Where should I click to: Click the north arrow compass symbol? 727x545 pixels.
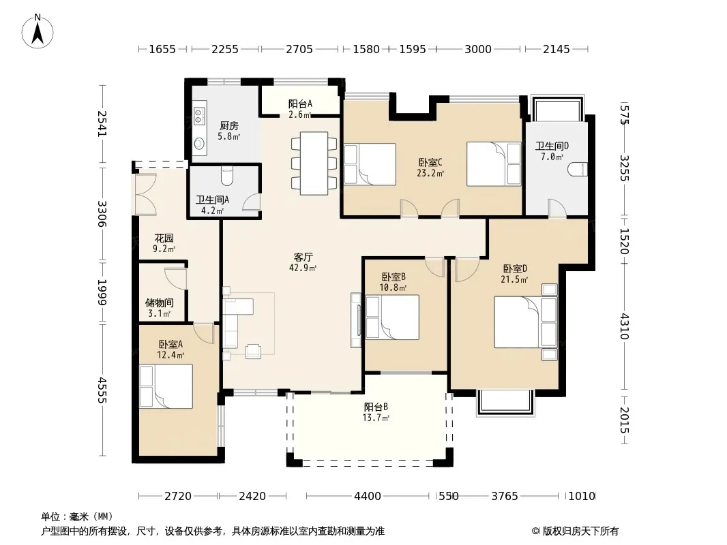(38, 31)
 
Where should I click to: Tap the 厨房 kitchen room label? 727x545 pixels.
(229, 125)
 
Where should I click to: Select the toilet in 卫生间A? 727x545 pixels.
(227, 174)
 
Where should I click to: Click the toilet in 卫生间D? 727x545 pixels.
(578, 170)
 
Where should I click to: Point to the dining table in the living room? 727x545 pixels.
(314, 163)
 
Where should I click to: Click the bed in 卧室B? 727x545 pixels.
(392, 317)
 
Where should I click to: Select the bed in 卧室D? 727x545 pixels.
(525, 322)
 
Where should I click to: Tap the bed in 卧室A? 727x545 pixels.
(166, 386)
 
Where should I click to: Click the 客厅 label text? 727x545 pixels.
(303, 257)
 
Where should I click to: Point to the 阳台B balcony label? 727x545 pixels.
(376, 407)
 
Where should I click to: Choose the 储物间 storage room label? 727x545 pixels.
(160, 303)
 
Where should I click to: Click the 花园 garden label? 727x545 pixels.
(164, 238)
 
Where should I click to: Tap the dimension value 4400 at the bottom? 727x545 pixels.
(368, 497)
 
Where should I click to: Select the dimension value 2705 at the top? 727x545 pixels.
(299, 49)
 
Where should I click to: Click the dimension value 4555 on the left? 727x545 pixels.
(102, 390)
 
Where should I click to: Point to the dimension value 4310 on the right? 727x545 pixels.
(625, 326)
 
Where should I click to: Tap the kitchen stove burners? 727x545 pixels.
(199, 116)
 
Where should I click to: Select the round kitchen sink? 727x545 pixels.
(199, 144)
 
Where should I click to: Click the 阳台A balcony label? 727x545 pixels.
(300, 104)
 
